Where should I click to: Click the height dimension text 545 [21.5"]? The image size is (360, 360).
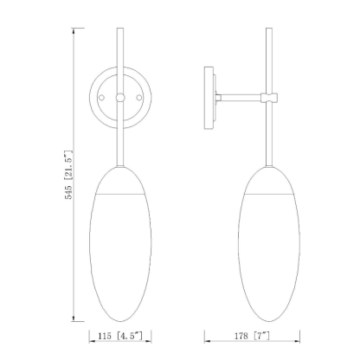[68, 175]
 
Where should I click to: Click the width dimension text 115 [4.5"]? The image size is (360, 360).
[120, 336]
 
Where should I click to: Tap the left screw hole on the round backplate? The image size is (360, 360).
[101, 98]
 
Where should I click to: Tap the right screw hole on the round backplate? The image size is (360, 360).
[139, 98]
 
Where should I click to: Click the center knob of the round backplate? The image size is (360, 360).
[120, 98]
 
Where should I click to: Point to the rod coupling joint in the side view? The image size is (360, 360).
[269, 98]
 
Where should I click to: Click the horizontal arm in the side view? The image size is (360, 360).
[241, 98]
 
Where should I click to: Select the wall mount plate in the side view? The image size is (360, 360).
[209, 98]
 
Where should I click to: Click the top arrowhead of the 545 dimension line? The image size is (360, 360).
[74, 30]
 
